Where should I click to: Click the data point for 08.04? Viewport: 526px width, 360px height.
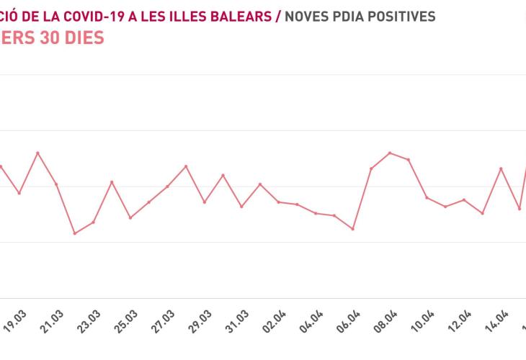(390, 153)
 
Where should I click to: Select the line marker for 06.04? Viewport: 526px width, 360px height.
(352, 229)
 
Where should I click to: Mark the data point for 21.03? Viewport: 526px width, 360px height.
(56, 184)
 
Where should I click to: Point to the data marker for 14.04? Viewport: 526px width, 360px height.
(501, 168)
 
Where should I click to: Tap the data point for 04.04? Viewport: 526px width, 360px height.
(316, 213)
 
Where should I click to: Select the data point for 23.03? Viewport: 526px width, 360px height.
(93, 222)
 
